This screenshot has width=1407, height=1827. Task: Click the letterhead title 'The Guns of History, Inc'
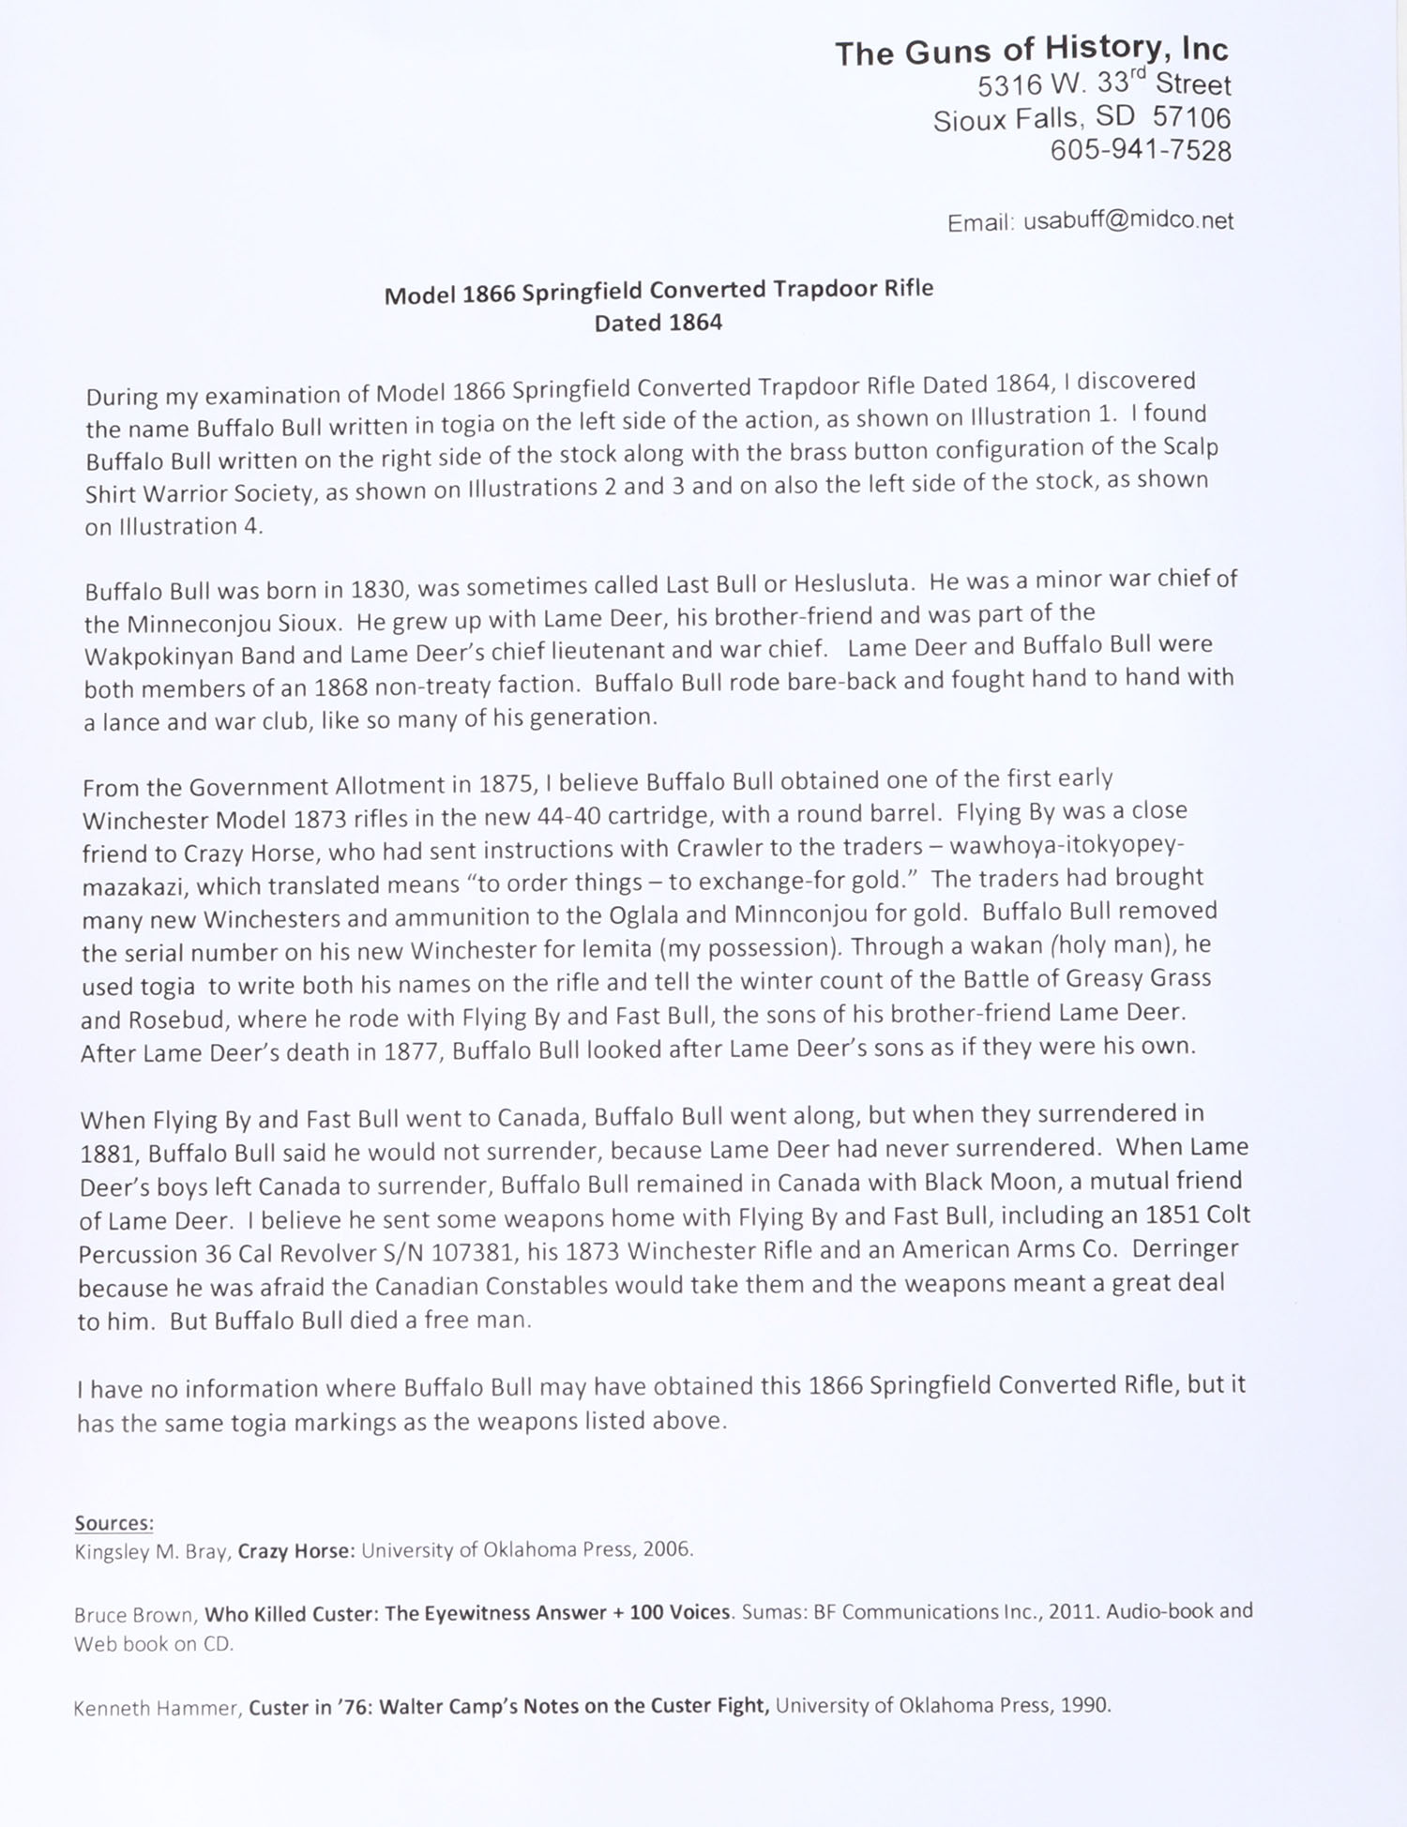tap(1031, 51)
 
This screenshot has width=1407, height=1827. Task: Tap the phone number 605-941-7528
tap(1140, 150)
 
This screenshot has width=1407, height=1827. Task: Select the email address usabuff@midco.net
tap(1128, 221)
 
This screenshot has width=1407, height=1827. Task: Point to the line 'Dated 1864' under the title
tap(658, 324)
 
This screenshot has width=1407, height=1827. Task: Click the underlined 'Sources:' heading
tap(114, 1522)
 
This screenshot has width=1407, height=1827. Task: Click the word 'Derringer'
tap(1185, 1249)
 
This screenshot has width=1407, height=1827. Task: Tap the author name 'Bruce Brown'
tap(135, 1614)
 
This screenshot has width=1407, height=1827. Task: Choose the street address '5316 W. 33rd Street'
tap(1103, 84)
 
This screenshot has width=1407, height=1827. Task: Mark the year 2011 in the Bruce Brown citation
tap(1073, 1611)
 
